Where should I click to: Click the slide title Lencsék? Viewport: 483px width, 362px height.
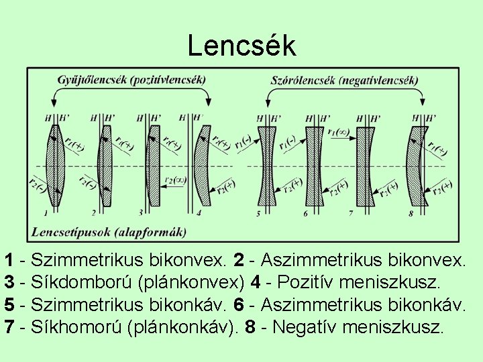tap(241, 46)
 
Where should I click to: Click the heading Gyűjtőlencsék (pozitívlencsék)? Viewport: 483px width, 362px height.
tap(131, 80)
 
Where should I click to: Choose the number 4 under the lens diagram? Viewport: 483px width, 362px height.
tap(199, 213)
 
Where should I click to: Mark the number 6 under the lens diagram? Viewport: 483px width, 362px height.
tap(305, 213)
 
